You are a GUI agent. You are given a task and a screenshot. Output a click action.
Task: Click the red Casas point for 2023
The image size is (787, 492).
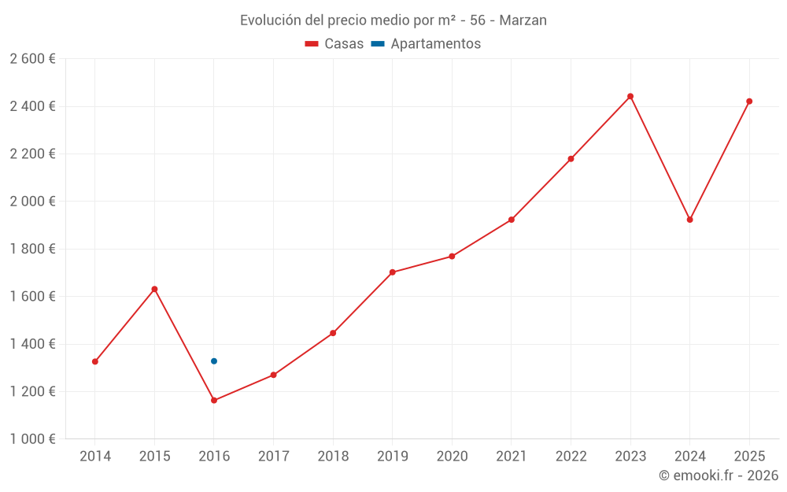(630, 96)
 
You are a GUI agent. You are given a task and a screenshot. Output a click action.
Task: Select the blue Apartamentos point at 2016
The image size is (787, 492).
(214, 361)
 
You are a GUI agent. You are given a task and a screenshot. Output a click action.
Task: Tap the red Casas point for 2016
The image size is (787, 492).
(214, 401)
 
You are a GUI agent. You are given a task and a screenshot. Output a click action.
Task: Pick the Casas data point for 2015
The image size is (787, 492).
(154, 289)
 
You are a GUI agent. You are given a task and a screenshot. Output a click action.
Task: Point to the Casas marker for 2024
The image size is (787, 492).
(690, 220)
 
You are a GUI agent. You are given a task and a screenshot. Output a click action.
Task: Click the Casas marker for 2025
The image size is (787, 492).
(749, 101)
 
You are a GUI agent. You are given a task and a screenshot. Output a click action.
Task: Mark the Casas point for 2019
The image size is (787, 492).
(393, 272)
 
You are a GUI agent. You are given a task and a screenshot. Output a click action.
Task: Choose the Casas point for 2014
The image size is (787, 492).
(95, 362)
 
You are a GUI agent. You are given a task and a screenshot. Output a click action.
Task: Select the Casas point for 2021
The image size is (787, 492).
(512, 220)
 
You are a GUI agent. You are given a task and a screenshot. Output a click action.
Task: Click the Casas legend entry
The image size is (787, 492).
(334, 44)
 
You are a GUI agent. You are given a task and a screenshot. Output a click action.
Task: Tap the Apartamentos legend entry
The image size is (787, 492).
(426, 44)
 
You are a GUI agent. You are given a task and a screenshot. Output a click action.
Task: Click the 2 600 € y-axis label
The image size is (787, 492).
(32, 59)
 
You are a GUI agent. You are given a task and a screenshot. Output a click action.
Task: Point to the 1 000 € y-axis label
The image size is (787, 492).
(32, 439)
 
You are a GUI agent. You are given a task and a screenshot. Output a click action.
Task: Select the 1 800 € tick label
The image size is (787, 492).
(32, 249)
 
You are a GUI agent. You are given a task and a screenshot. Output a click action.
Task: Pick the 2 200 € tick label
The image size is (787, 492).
(32, 154)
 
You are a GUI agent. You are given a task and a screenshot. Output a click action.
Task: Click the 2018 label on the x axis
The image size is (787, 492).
(333, 457)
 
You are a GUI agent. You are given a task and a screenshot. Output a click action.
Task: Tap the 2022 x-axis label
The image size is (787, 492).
(571, 457)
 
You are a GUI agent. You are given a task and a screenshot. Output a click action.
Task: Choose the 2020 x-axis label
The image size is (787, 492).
(452, 457)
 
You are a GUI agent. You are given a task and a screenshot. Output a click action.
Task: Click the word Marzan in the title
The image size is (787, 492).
(523, 20)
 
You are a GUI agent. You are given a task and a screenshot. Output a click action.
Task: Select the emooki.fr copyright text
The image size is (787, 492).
(719, 475)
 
